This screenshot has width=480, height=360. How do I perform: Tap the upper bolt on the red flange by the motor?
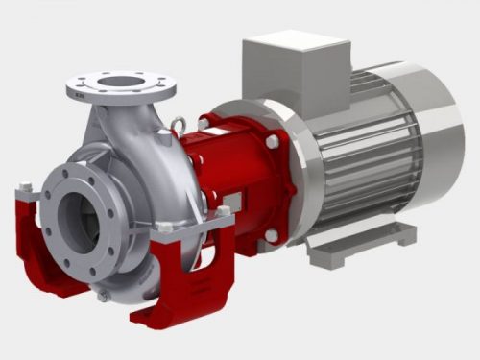[x=272, y=142]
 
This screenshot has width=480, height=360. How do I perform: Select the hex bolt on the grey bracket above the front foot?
[x=223, y=211]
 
